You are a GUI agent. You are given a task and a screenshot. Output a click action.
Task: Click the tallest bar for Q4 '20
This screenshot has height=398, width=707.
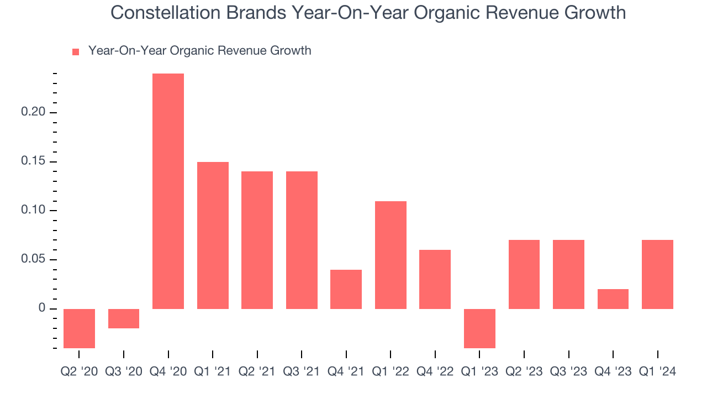168,191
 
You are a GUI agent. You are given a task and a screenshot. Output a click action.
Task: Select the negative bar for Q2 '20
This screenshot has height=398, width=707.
79,328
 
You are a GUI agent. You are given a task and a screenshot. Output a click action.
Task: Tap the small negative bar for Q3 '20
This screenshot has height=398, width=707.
124,318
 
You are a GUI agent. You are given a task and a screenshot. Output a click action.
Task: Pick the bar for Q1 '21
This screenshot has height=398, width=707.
213,235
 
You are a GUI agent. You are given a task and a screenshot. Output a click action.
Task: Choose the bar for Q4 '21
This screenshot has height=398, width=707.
346,289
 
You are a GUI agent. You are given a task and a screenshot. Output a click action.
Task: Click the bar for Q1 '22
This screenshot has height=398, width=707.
391,255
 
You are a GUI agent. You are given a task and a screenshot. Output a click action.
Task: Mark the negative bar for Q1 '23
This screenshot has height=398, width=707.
479,328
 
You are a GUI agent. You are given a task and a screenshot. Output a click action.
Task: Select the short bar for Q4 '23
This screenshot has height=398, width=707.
613,299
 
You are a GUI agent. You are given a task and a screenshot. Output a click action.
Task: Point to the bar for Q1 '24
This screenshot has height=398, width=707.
657,274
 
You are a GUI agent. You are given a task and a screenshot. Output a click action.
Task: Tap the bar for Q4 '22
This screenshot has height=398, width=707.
435,279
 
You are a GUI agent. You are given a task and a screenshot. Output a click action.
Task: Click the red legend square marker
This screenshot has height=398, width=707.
76,51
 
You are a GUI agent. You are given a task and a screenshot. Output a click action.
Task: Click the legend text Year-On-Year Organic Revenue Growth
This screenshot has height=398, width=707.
199,51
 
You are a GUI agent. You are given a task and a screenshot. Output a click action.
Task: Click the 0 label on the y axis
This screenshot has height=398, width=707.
41,308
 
